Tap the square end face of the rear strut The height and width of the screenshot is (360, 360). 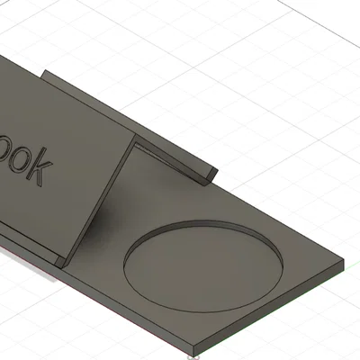[x=209, y=175]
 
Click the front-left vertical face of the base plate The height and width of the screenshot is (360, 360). [x=126, y=315]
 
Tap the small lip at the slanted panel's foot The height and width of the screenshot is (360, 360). [x=61, y=261]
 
